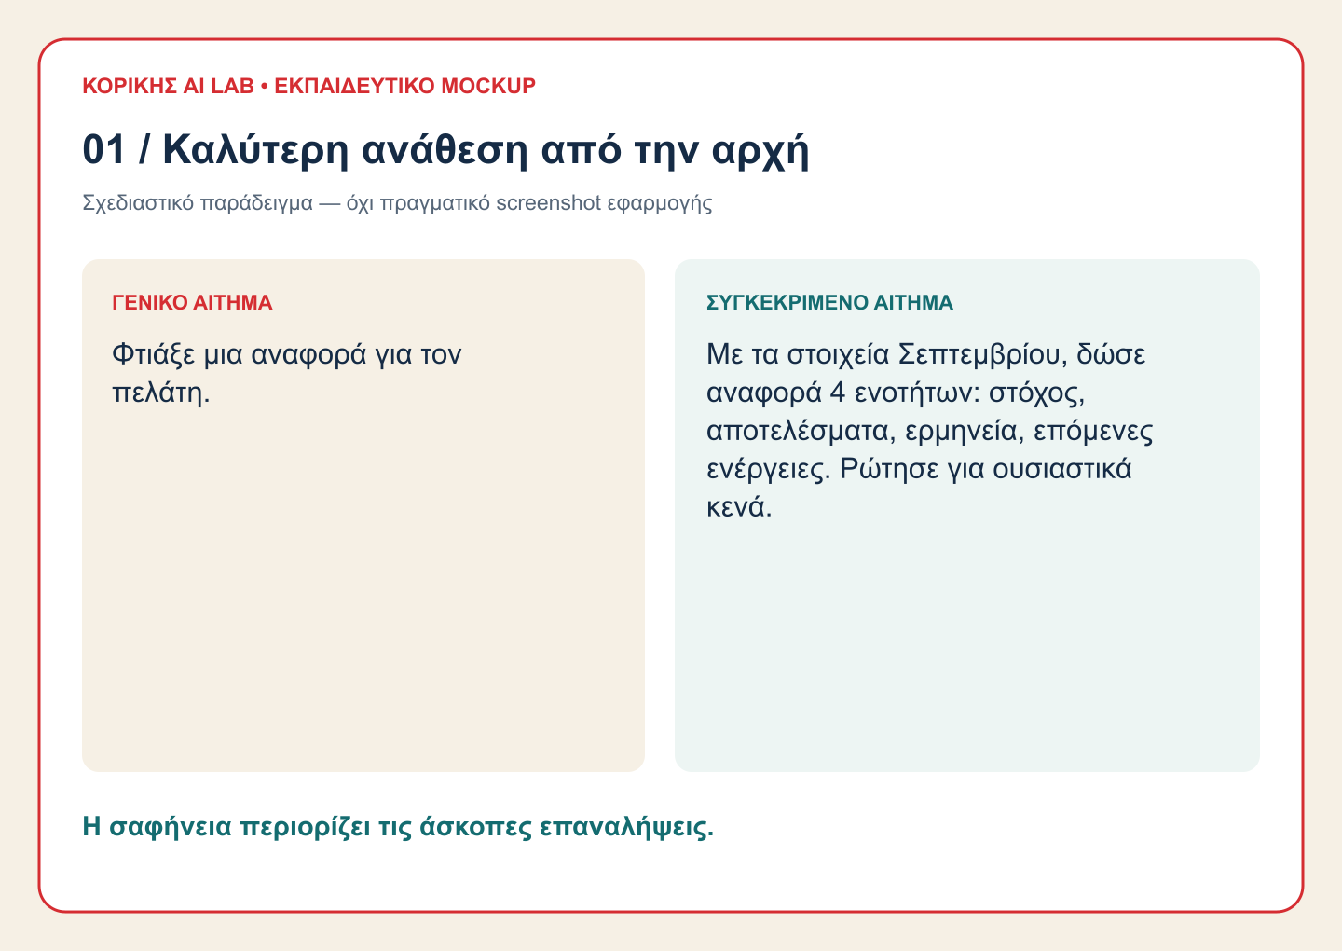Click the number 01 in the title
point(103,149)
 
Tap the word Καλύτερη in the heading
point(255,149)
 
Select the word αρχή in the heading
point(760,150)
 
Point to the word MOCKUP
point(488,86)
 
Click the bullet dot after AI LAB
point(265,87)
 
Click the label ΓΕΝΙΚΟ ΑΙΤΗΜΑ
point(192,302)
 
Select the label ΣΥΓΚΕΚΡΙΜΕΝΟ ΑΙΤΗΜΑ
point(829,302)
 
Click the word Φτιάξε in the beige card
point(154,354)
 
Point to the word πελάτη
point(160,393)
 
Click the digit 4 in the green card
point(838,393)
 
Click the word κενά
point(739,507)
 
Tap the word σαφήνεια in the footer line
point(171,827)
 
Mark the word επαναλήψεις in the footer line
point(626,828)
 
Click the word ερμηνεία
point(961,432)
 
